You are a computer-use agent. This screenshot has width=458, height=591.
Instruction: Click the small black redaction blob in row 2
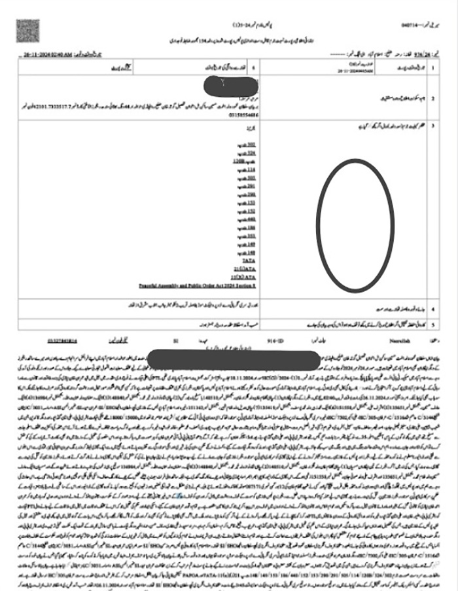228,86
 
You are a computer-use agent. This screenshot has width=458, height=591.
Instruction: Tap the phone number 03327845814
63,340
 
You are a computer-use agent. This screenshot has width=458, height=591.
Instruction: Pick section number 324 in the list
251,152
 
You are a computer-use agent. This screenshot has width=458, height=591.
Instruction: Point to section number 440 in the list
251,219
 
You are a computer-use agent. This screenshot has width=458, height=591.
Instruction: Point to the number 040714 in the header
410,26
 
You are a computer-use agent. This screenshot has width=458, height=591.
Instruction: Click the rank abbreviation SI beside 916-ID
175,340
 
